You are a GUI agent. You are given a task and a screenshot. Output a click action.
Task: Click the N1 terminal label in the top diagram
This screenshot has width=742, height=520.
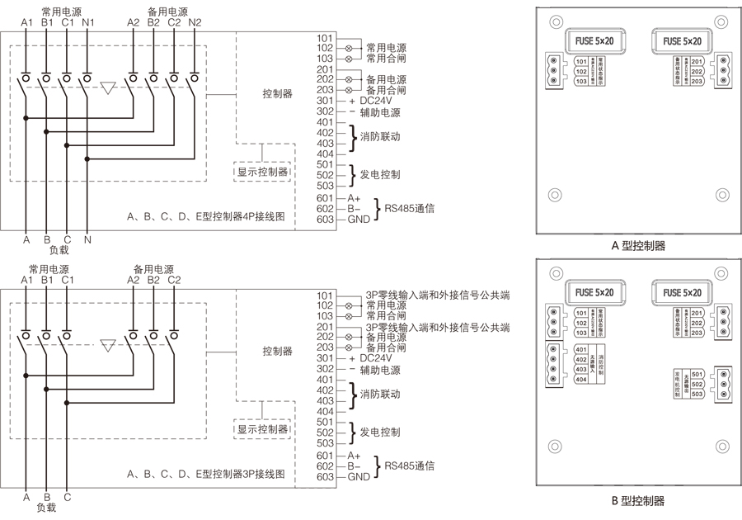(x=89, y=22)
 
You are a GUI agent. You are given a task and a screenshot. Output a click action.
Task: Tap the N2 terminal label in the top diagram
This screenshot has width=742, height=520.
(x=195, y=22)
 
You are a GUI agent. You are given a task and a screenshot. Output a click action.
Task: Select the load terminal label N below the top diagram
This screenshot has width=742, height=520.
(x=88, y=239)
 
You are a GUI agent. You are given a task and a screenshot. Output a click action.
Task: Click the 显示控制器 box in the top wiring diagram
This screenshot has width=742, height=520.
(x=263, y=172)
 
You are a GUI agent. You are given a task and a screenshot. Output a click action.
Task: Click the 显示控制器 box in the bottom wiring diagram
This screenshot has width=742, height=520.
(x=263, y=429)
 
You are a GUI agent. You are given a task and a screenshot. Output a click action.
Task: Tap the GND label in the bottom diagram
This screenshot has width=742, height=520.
(x=359, y=477)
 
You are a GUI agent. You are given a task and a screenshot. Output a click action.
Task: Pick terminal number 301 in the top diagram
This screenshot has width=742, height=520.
(x=325, y=101)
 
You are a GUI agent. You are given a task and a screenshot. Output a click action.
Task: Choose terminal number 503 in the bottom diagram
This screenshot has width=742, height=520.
(x=325, y=443)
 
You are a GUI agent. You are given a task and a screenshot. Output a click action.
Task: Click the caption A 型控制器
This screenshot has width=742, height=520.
(x=637, y=246)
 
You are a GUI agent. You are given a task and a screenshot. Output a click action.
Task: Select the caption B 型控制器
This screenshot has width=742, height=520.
(x=637, y=500)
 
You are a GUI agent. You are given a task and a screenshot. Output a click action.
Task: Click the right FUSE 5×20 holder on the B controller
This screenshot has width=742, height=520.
(x=680, y=292)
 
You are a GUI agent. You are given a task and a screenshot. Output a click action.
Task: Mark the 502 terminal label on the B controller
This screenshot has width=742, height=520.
(x=697, y=384)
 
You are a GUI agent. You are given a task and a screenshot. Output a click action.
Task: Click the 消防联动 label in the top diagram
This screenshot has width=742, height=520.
(x=380, y=137)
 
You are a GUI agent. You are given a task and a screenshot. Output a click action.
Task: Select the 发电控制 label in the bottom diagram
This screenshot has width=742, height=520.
(x=380, y=432)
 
